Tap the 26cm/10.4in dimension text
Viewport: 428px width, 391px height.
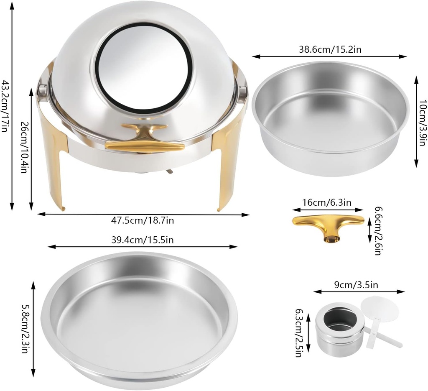(24, 148)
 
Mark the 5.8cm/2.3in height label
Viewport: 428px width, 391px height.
(24, 328)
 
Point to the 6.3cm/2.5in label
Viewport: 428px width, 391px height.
(299, 333)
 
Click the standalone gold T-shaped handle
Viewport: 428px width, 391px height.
(328, 226)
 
